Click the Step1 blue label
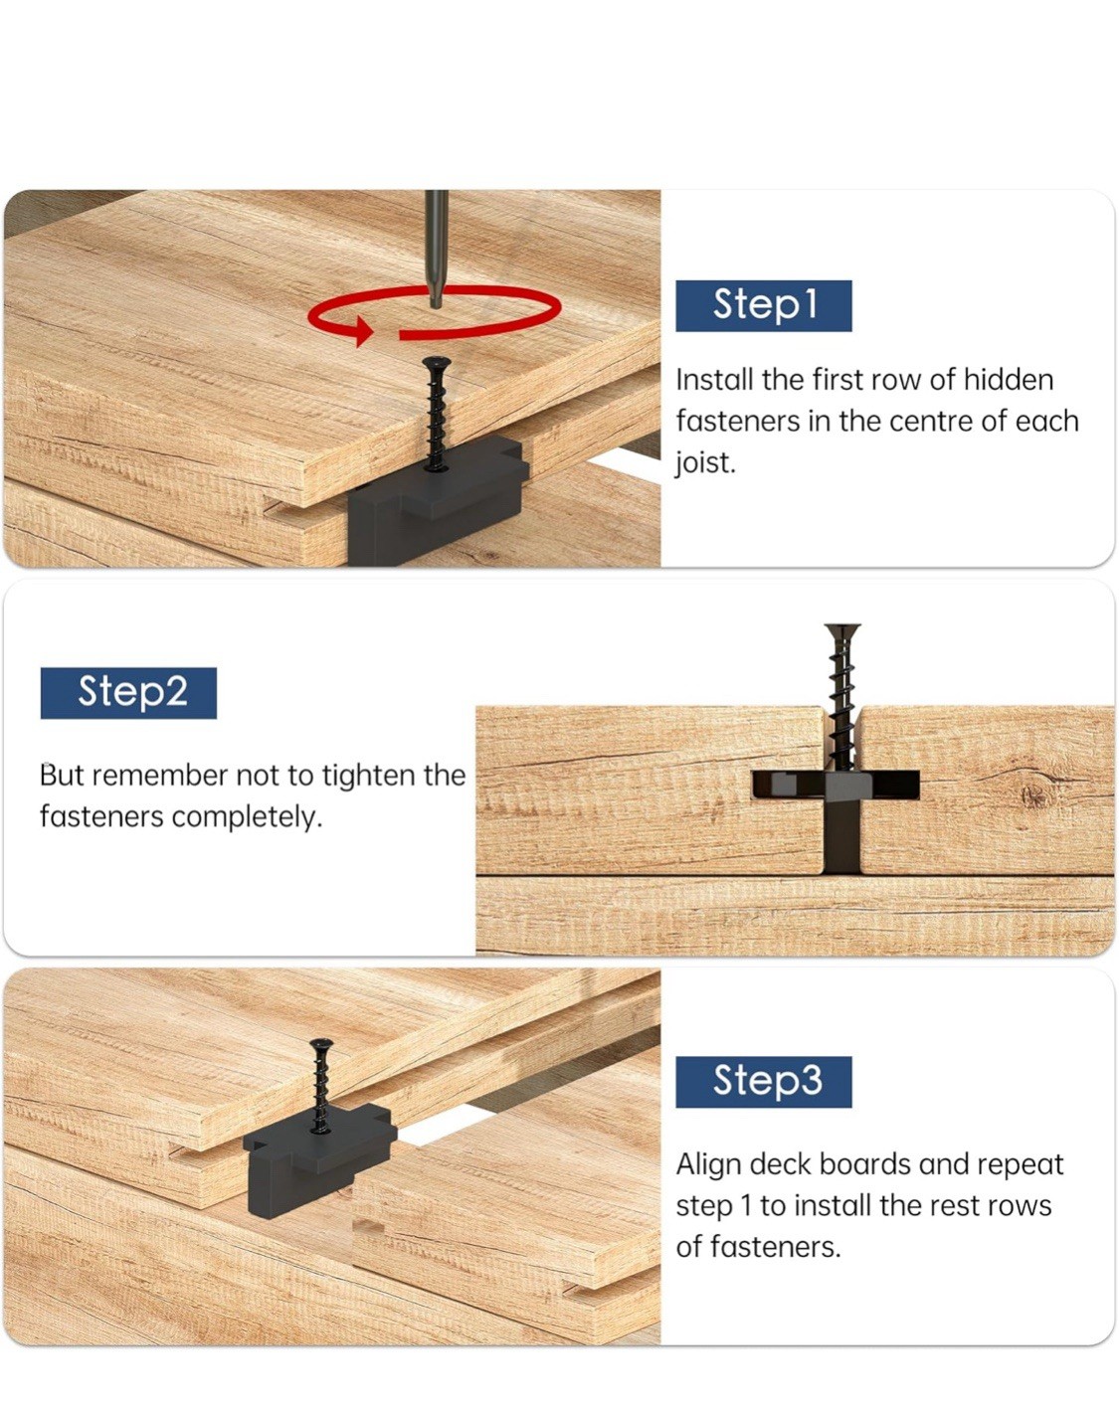tap(763, 305)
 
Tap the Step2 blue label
tap(128, 693)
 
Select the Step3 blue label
tap(763, 1082)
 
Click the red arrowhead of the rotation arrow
tap(362, 330)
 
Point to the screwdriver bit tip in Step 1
tap(436, 303)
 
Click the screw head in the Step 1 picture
tap(436, 361)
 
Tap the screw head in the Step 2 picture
tap(842, 630)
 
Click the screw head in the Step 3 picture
tap(321, 1043)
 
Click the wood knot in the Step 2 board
tap(1034, 795)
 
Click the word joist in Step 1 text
tap(706, 463)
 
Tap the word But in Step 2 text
tap(62, 776)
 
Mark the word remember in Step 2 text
tap(160, 776)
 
